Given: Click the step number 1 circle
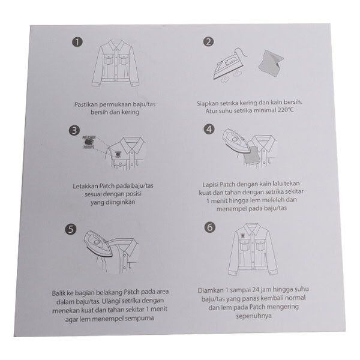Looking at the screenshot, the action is coord(77,43).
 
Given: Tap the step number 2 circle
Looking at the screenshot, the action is coord(208,42).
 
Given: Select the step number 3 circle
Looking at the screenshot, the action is coord(74,131).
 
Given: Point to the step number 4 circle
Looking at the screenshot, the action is coord(209,129).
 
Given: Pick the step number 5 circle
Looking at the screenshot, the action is coord(71,229).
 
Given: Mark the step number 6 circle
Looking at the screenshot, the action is coord(210,227).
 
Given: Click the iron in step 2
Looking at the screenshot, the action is coord(230,64).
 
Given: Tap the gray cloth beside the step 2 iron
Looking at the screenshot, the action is coord(271,63).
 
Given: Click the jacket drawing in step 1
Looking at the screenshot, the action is coord(115,64).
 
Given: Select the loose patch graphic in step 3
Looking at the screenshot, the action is coord(89,142).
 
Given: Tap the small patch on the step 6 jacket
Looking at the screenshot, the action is coord(242,236).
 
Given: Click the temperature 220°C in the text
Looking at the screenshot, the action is coord(286,110).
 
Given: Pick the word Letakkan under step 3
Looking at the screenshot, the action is coord(85,186).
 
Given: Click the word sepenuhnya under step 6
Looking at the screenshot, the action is coord(254,316).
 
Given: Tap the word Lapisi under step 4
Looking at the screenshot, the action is coord(210,185).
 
